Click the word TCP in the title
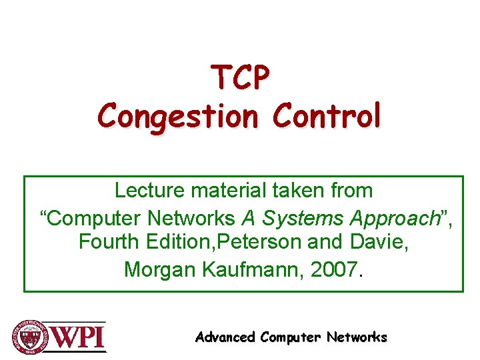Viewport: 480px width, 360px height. (241, 79)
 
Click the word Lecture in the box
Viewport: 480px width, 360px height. (150, 190)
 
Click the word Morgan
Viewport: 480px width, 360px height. (157, 269)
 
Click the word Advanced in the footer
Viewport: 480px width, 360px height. (225, 337)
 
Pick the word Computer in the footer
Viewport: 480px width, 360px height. (290, 337)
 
